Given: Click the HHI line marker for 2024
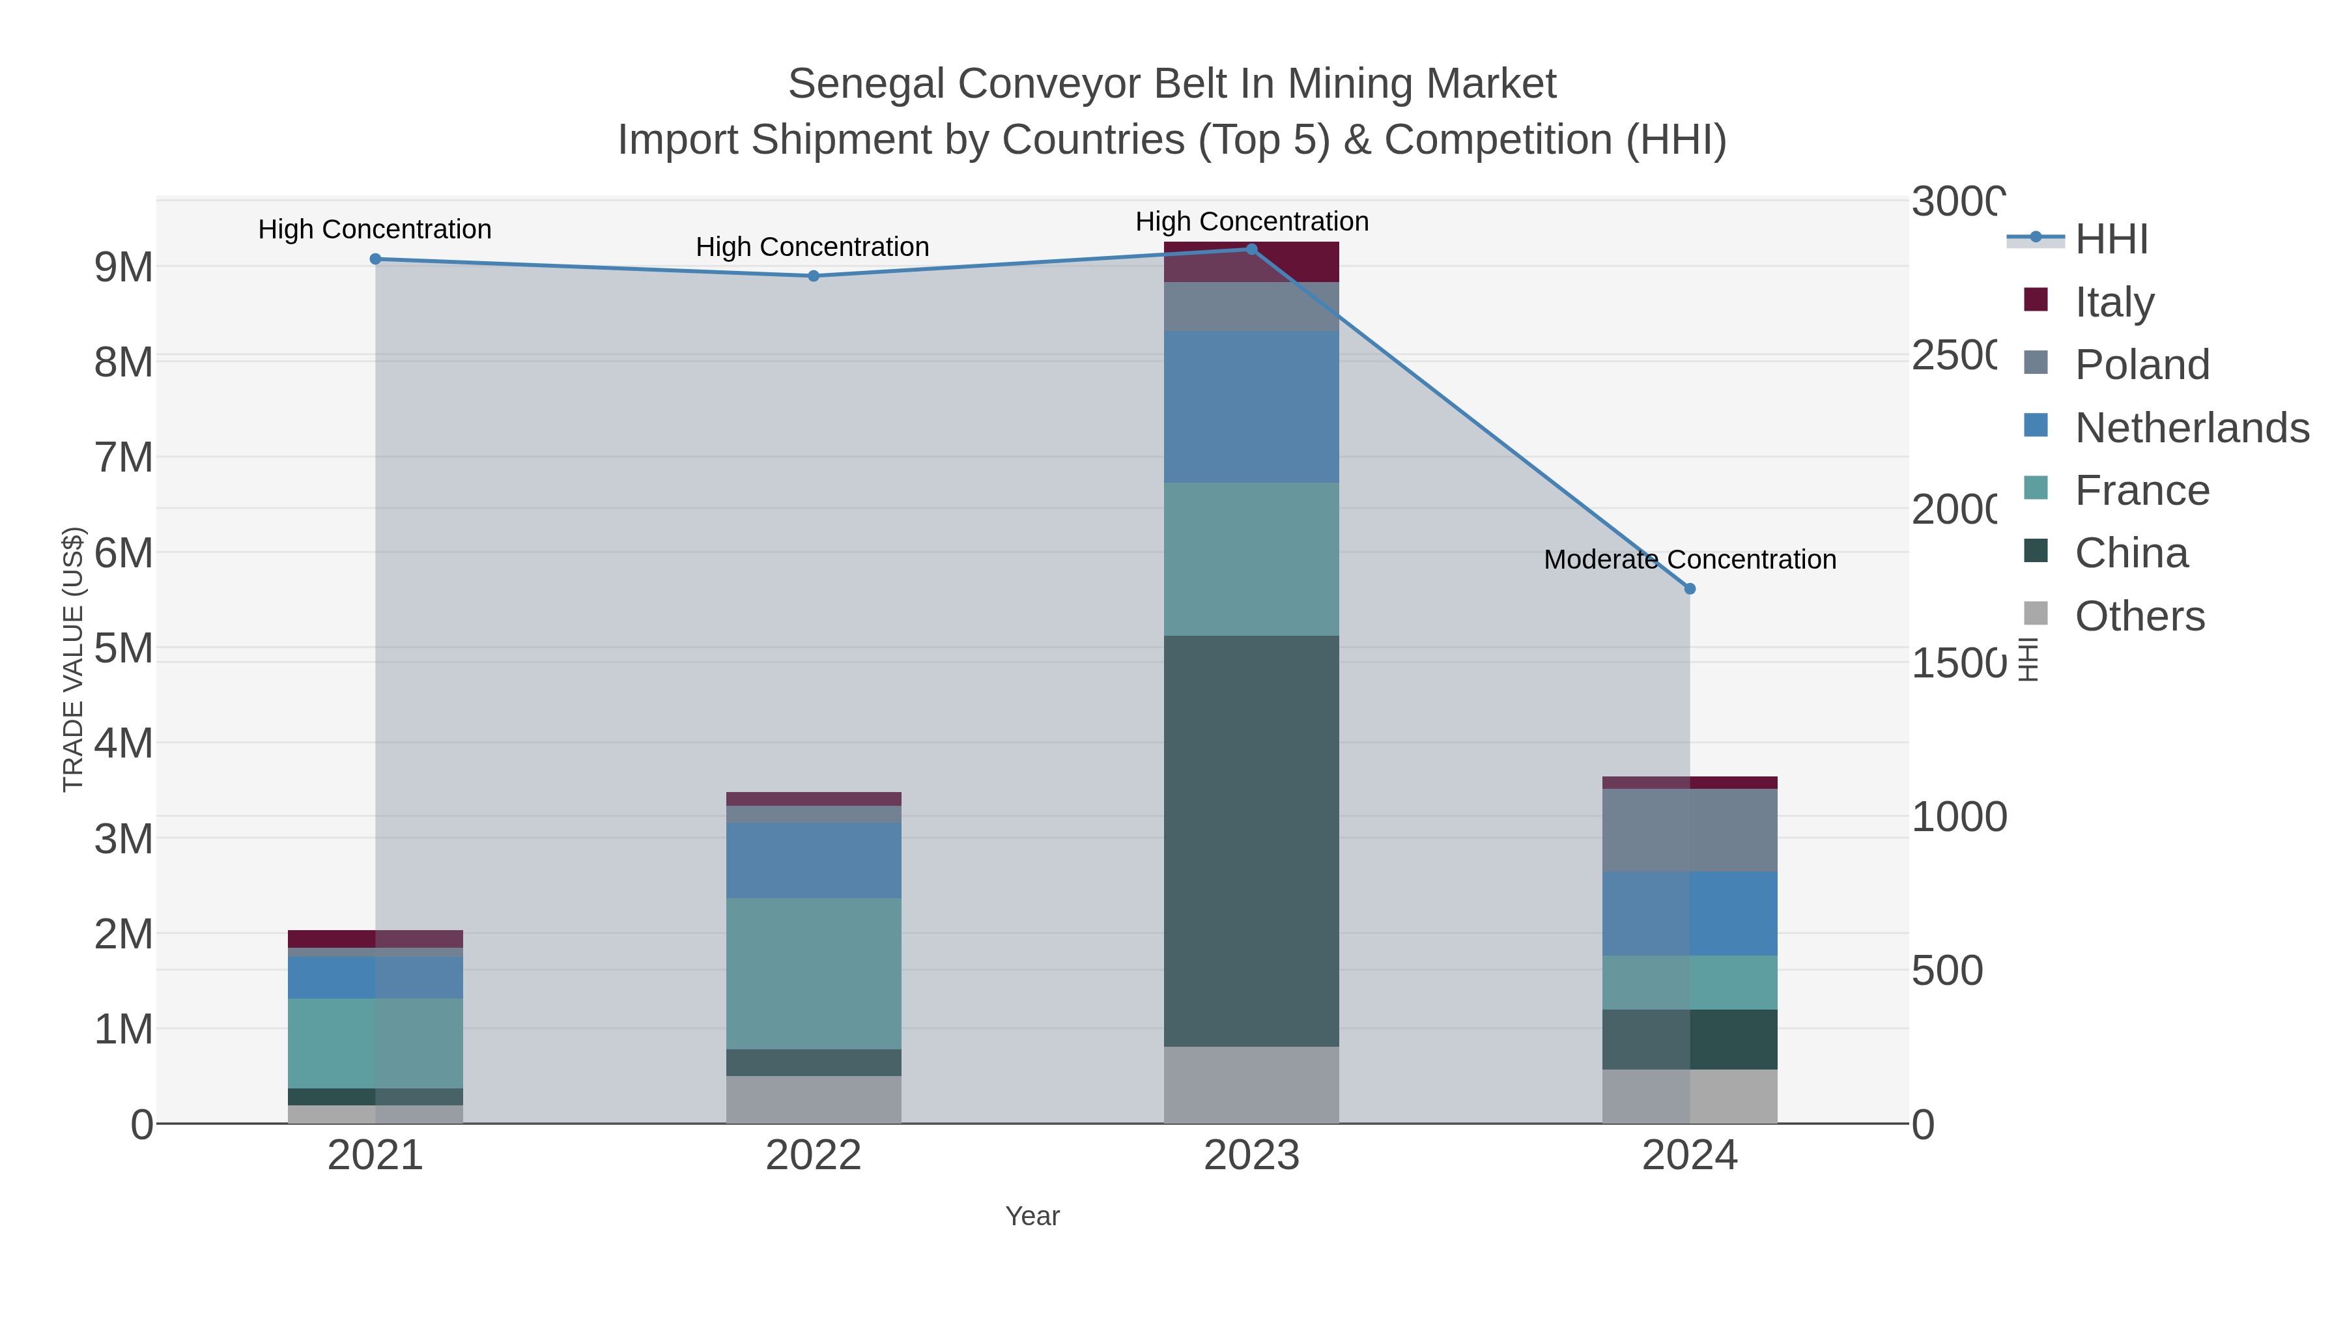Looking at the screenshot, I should [x=1690, y=589].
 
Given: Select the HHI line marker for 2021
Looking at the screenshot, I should [x=375, y=259].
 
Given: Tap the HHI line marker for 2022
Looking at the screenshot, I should [x=814, y=276].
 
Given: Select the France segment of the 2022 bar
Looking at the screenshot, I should [x=814, y=974].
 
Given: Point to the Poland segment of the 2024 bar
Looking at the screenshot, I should [x=1690, y=830].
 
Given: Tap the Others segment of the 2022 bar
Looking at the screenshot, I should [x=814, y=1099].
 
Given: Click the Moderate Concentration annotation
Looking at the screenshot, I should [x=1690, y=560].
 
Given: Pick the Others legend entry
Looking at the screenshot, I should [x=2139, y=616].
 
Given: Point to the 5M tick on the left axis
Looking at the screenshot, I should [x=124, y=649].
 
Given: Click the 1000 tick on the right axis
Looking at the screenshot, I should [x=1958, y=817].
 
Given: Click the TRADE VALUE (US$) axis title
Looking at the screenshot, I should [x=73, y=659].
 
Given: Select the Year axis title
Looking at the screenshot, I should [x=1032, y=1216].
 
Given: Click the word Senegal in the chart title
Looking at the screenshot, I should [x=865, y=84].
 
